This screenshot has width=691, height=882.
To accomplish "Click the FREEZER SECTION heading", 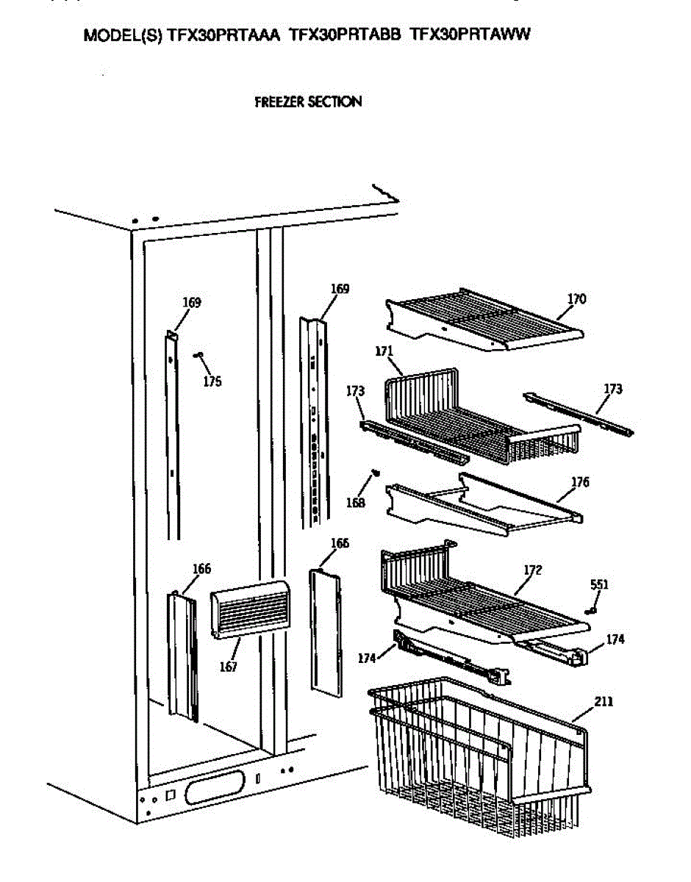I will (x=308, y=102).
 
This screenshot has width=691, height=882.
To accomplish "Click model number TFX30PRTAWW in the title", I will (x=470, y=35).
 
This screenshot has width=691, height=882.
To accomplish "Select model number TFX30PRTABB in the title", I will (x=345, y=35).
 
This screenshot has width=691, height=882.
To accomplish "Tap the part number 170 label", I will (x=576, y=299).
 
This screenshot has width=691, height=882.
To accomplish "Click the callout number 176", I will (x=580, y=483).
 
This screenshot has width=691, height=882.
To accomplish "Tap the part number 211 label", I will (x=603, y=701).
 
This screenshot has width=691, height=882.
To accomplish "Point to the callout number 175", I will (x=212, y=381).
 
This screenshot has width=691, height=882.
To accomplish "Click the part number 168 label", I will (x=355, y=503).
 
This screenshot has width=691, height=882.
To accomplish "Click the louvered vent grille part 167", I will (x=248, y=609).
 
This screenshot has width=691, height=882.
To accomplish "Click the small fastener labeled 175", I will (x=198, y=355).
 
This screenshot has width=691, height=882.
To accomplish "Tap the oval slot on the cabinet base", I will (x=213, y=791).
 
